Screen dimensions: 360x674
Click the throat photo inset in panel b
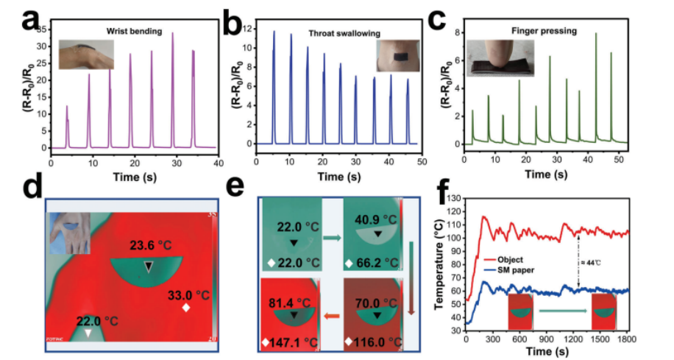point(398,55)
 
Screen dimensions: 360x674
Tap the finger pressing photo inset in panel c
point(498,58)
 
